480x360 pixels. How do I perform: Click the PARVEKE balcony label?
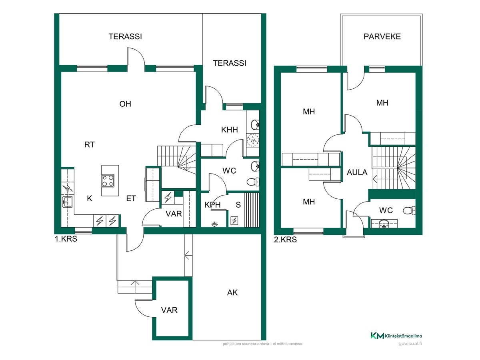coord(382,36)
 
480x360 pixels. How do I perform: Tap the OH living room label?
coord(125,104)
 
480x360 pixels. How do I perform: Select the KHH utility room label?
coord(229,130)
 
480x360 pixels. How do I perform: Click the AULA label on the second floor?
coord(357,172)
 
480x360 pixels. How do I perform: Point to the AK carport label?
coord(232,292)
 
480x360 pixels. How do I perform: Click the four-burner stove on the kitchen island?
coord(108,180)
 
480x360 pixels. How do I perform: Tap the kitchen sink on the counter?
coord(68,202)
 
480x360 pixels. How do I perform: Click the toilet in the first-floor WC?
coord(253,182)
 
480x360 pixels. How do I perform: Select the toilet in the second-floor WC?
coord(409,211)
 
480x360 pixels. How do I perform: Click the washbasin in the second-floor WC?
coord(384,224)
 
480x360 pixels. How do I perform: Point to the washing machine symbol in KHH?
coord(253,140)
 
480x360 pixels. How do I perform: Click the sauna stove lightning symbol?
coord(234,221)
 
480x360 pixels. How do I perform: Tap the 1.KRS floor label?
coord(66,239)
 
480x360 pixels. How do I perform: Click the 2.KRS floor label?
coord(285,240)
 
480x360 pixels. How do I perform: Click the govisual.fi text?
coord(410,344)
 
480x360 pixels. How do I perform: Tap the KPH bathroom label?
coord(212,205)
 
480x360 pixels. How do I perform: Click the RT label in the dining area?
coord(90,144)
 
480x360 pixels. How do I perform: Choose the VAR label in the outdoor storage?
coord(169,310)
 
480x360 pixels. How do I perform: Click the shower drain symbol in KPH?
coord(214,224)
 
